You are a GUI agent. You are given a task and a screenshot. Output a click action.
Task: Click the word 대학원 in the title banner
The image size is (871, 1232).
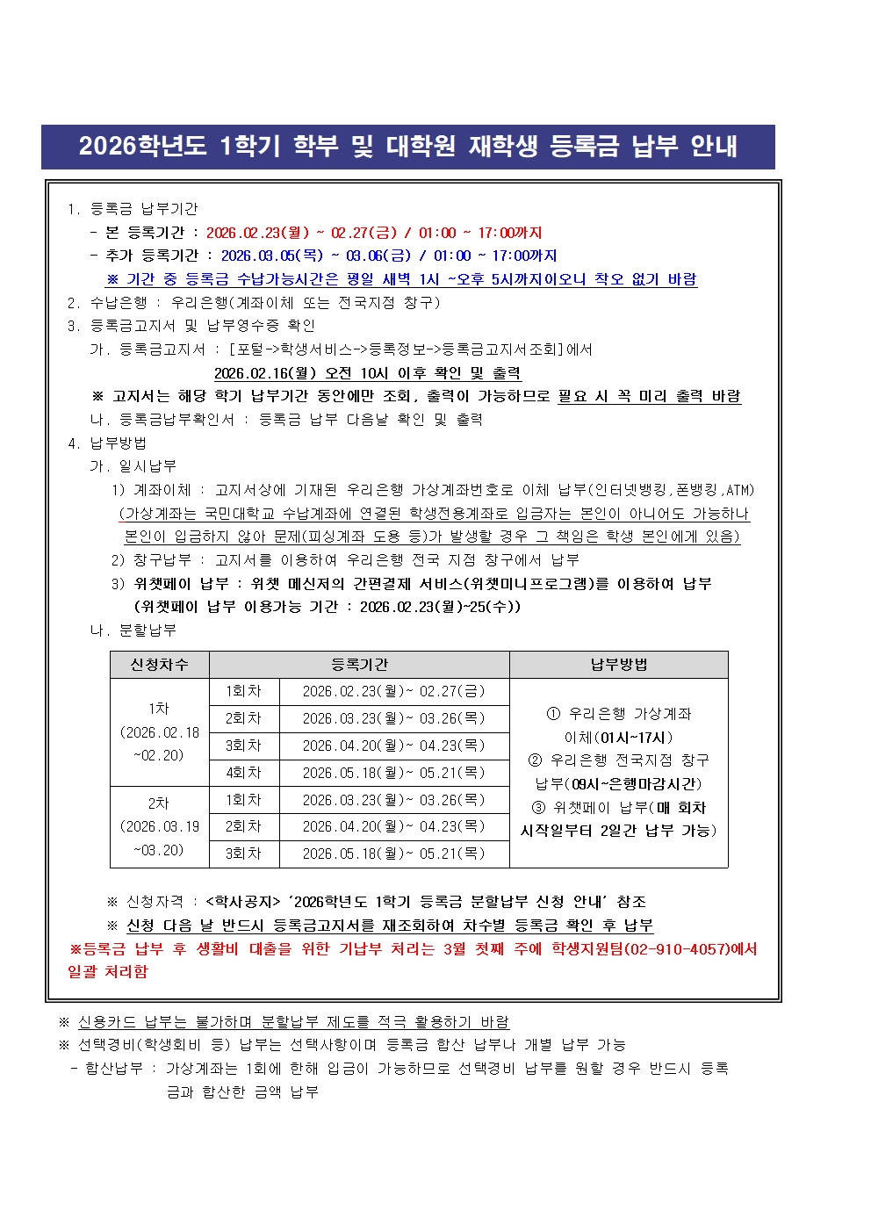421,146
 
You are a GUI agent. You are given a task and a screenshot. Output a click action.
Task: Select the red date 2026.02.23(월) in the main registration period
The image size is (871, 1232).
257,233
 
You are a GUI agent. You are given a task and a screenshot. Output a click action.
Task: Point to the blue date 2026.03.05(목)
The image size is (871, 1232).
272,256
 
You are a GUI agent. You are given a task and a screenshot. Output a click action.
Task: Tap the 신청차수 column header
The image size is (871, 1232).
159,665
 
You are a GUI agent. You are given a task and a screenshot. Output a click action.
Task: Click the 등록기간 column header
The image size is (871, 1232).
359,665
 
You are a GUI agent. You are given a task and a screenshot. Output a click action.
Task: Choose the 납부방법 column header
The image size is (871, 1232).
618,665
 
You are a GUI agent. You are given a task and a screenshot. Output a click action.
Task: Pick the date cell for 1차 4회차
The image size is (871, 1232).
393,773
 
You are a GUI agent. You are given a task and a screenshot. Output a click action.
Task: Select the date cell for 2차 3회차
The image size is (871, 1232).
393,854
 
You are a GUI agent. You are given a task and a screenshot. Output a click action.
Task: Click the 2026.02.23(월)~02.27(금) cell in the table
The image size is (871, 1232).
393,692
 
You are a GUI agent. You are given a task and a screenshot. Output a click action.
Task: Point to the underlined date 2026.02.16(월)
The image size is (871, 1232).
265,373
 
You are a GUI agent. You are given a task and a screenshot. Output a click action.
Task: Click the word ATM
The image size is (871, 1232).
738,490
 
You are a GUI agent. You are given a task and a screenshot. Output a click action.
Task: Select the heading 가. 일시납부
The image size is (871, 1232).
133,466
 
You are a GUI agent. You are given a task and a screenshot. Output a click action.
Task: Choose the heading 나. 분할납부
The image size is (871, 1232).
133,630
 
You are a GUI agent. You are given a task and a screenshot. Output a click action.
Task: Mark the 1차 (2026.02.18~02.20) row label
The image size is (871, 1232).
159,731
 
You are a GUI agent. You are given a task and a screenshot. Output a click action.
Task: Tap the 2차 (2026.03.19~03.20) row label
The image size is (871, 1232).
159,826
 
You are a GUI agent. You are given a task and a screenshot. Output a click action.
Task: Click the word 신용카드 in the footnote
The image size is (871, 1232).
109,1022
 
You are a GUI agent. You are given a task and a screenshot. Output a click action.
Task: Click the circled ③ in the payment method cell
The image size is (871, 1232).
538,808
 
